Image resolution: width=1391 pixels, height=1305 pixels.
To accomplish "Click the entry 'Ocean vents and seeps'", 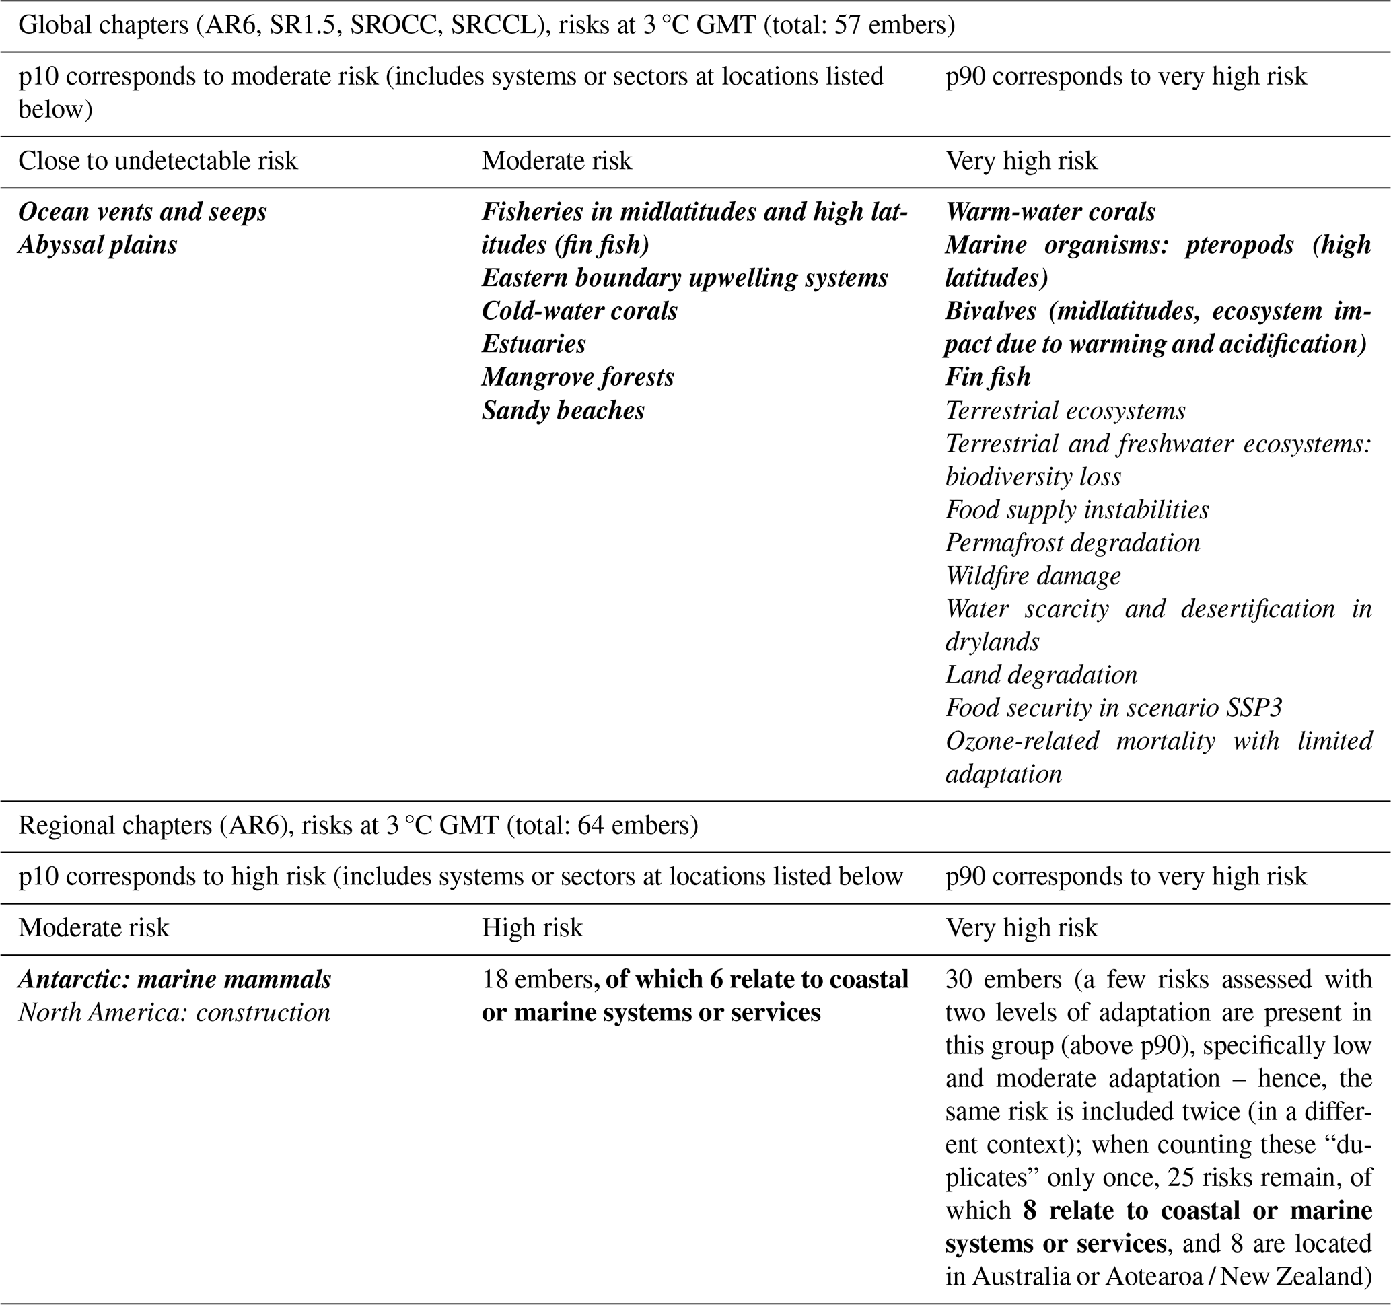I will pyautogui.click(x=142, y=212).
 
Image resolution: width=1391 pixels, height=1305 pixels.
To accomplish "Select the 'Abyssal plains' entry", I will pyautogui.click(x=98, y=245).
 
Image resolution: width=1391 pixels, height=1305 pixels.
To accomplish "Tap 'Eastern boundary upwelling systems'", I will pyautogui.click(x=684, y=278).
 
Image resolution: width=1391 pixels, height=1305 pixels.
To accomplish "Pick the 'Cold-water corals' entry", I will pyautogui.click(x=579, y=311).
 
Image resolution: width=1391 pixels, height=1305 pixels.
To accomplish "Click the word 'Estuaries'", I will pyautogui.click(x=533, y=343).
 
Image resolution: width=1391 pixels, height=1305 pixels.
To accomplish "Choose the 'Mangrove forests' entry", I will pyautogui.click(x=577, y=377).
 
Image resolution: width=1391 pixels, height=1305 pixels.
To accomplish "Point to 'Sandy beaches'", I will pyautogui.click(x=563, y=410).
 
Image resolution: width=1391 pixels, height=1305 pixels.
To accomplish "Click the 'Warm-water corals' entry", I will pyautogui.click(x=1050, y=212).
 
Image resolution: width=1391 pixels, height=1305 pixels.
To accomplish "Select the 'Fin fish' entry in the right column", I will pyautogui.click(x=987, y=377).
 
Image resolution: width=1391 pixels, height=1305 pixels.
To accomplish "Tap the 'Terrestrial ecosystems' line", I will pyautogui.click(x=1065, y=410).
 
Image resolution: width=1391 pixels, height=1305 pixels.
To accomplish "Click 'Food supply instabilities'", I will pyautogui.click(x=1077, y=509).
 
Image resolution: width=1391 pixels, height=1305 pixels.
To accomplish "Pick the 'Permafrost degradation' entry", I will pyautogui.click(x=1072, y=542).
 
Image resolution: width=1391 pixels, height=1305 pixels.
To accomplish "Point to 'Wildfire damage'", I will pyautogui.click(x=1033, y=575).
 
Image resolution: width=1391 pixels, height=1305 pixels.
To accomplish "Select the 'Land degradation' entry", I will pyautogui.click(x=1041, y=674).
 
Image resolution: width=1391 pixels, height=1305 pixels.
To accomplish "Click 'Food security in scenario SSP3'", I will pyautogui.click(x=1113, y=707).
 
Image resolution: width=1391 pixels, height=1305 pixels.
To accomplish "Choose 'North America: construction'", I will pyautogui.click(x=174, y=1012).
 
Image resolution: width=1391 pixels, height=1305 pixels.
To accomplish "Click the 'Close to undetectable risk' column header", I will pyautogui.click(x=157, y=161).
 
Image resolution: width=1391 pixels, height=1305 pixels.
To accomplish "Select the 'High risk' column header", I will pyautogui.click(x=532, y=928).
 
